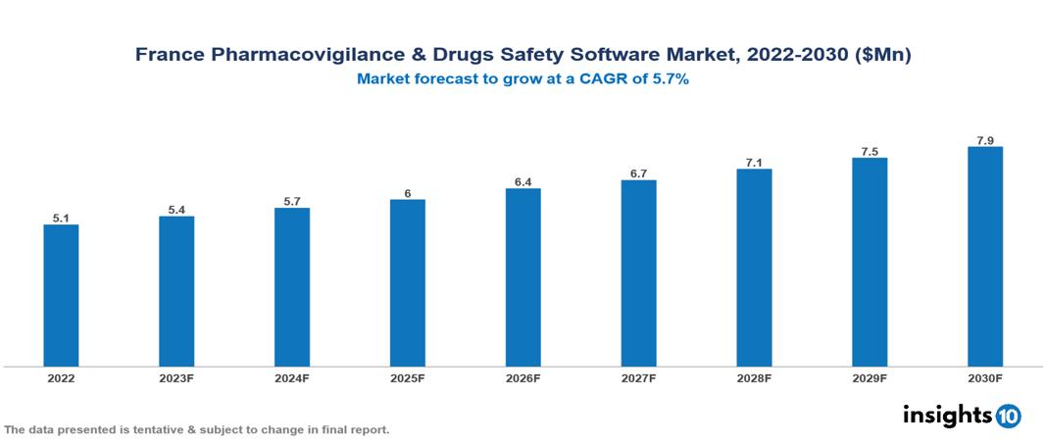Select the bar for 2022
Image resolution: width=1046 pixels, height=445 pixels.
click(61, 295)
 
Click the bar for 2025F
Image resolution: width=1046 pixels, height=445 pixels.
click(407, 282)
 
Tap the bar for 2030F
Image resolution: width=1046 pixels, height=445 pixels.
click(984, 256)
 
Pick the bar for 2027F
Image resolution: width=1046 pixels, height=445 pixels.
click(638, 272)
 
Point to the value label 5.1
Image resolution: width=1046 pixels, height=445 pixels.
click(61, 219)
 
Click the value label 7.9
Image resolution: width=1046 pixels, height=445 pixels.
click(984, 141)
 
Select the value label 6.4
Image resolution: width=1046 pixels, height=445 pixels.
click(523, 182)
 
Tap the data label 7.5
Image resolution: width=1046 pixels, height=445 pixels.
click(869, 152)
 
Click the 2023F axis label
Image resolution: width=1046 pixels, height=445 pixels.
click(176, 377)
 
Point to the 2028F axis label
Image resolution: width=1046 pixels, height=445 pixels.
click(754, 377)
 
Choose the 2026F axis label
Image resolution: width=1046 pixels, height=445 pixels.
click(523, 377)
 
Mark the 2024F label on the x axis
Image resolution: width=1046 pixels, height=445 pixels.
click(292, 377)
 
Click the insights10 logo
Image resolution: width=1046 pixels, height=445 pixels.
click(961, 416)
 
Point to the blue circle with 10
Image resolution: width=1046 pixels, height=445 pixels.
click(1008, 417)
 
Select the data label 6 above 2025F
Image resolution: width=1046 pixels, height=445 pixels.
click(407, 193)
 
